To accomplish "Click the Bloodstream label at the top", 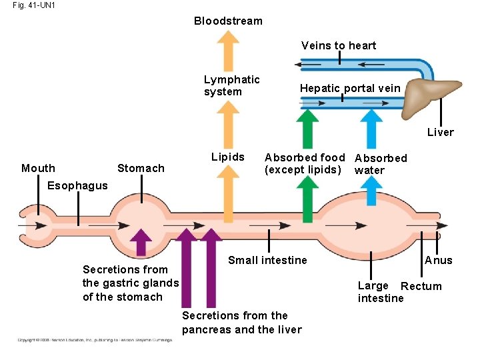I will click(228, 21).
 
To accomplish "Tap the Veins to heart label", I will click(339, 45).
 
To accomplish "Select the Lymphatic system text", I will click(231, 85).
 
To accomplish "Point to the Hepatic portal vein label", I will click(350, 88).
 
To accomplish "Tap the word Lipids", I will click(228, 157).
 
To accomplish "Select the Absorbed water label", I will click(380, 164).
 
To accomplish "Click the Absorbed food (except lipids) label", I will click(305, 163).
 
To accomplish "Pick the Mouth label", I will click(39, 168).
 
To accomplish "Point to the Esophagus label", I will click(77, 185).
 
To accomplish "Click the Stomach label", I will click(141, 168).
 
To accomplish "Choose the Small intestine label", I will click(267, 260).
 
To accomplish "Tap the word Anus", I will click(438, 260).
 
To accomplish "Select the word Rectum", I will click(421, 286).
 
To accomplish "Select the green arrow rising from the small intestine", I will click(307, 194).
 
